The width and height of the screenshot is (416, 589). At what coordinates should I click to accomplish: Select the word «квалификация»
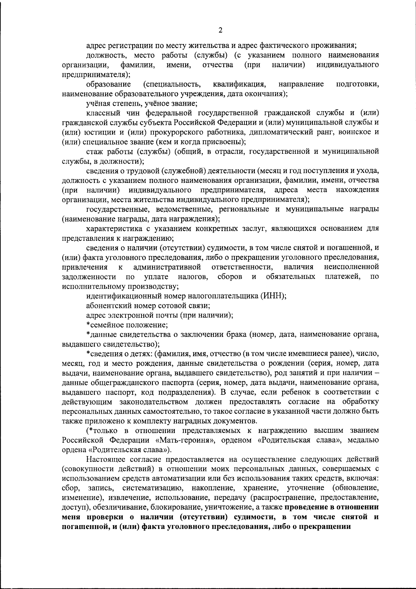pos(240,84)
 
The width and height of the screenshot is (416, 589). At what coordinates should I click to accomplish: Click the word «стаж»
pos(94,151)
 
